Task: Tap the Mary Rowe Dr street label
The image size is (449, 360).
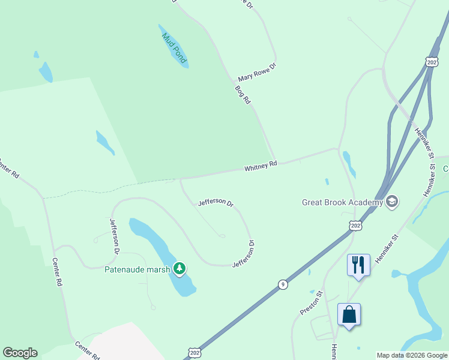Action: (x=256, y=73)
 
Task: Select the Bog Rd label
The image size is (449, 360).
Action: (x=243, y=95)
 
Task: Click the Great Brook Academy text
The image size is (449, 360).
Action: (x=342, y=202)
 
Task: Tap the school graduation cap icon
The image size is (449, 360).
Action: (x=393, y=201)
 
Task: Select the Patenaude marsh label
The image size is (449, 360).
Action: (x=137, y=269)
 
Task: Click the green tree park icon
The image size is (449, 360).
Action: (x=179, y=268)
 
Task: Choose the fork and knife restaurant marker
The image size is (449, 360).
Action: (x=358, y=265)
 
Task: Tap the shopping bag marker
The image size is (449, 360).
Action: (x=349, y=314)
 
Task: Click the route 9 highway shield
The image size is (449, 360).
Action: (x=283, y=284)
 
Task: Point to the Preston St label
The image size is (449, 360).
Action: (x=312, y=302)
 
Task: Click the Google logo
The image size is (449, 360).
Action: (x=20, y=353)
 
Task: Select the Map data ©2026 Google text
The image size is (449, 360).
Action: (x=412, y=355)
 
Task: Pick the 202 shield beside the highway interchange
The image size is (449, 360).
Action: (x=432, y=61)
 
